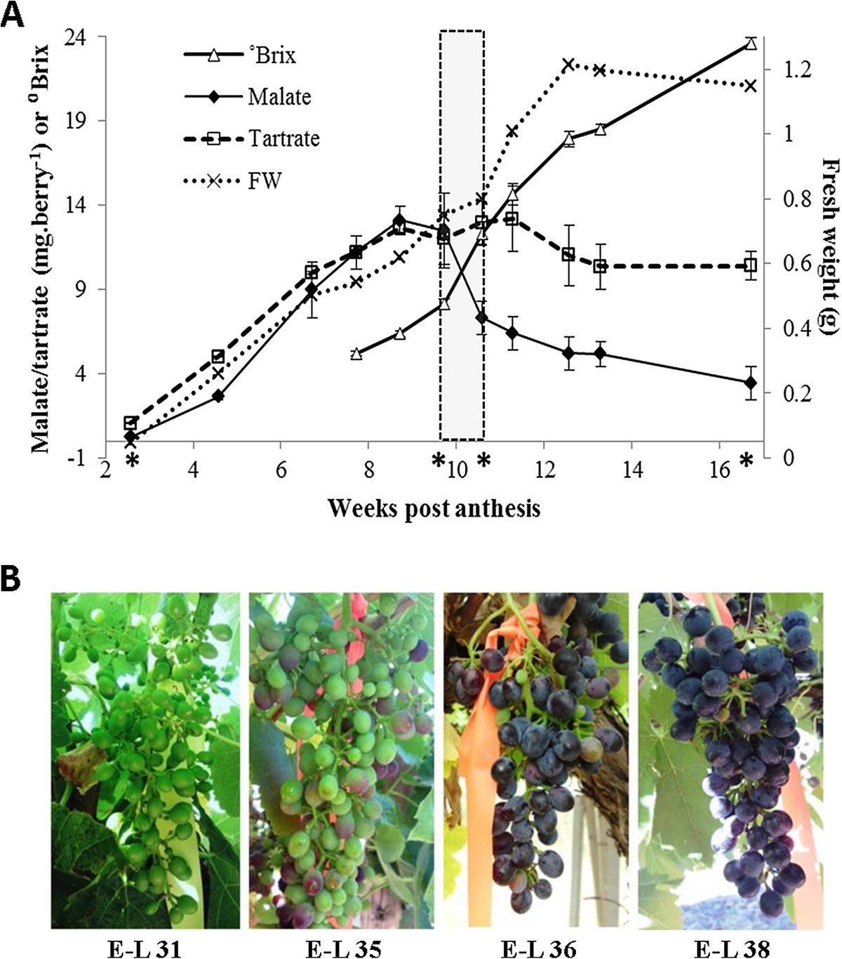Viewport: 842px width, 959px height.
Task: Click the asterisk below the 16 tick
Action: (746, 461)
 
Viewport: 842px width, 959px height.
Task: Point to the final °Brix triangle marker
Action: (751, 44)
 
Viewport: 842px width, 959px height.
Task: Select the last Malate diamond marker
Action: (751, 382)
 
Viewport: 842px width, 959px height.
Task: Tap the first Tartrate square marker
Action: (130, 423)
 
